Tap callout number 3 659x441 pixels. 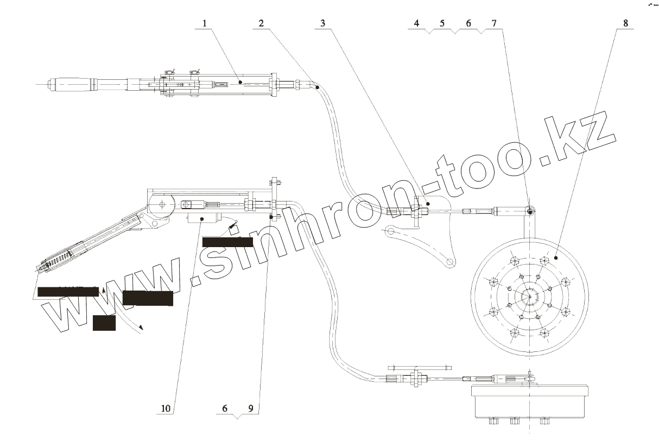coord(323,23)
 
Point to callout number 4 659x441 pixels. coord(416,23)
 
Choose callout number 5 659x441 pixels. coord(442,23)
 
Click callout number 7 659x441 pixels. coord(493,23)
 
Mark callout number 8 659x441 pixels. coord(626,23)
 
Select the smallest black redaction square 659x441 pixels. coord(104,323)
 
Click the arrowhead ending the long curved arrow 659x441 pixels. coord(142,327)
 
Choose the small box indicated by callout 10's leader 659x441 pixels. coord(202,218)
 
